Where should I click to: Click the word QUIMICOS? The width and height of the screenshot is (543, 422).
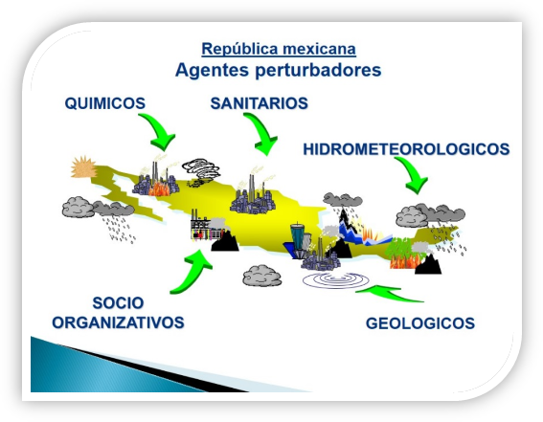coord(105,103)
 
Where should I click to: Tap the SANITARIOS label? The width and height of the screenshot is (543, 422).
coord(259,103)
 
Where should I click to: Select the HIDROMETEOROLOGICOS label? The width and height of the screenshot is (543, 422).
coord(406,149)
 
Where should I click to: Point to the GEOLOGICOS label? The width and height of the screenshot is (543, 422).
coord(420,323)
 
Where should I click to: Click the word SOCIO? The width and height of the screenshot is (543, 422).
coord(118,303)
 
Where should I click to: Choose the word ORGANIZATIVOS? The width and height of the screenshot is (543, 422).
coord(118,322)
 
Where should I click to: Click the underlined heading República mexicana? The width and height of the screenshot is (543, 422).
coord(279,49)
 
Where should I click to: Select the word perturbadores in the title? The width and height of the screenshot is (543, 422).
coord(318,71)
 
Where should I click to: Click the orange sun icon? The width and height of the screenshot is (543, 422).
coord(83,167)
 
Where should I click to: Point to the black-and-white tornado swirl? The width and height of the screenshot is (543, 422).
coord(201,169)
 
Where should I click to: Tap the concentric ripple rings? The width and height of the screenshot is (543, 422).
coord(335,279)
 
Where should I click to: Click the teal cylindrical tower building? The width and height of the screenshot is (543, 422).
coord(298,237)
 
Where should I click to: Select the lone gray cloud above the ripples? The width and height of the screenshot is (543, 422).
coord(261,276)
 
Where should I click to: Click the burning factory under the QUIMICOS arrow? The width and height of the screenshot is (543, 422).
coord(156,180)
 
